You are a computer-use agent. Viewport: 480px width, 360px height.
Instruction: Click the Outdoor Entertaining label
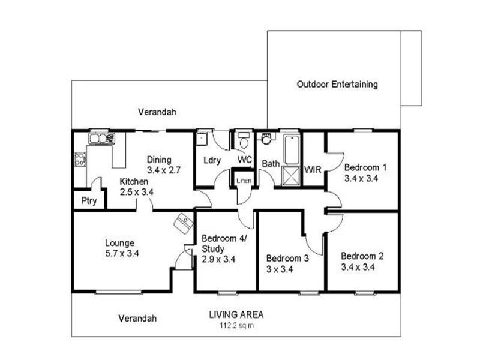(337, 85)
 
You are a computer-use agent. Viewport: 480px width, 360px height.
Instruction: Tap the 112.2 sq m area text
(236, 326)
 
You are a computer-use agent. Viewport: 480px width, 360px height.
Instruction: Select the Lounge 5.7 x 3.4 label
(122, 248)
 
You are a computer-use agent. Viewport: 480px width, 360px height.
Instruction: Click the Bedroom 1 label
(365, 173)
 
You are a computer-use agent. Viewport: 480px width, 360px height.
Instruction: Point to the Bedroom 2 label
(362, 262)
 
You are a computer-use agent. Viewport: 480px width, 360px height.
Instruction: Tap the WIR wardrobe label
(313, 170)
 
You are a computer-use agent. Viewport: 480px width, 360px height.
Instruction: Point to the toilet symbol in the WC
(244, 142)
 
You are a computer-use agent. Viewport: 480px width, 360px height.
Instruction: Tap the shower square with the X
(291, 176)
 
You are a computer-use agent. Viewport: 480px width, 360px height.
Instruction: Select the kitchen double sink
(100, 139)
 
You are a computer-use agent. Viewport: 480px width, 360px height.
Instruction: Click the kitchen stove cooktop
(79, 159)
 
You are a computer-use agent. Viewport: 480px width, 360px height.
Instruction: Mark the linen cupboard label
(243, 180)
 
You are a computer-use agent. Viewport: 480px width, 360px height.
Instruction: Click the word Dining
(160, 160)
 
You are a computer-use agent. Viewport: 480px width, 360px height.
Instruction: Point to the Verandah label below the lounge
(137, 318)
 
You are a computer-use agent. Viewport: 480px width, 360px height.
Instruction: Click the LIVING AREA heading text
(236, 314)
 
